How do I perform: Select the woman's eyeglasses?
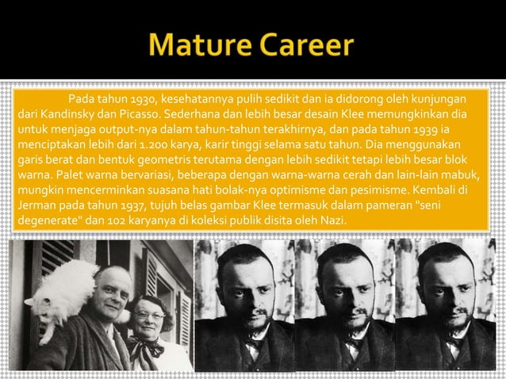point(150,315)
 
